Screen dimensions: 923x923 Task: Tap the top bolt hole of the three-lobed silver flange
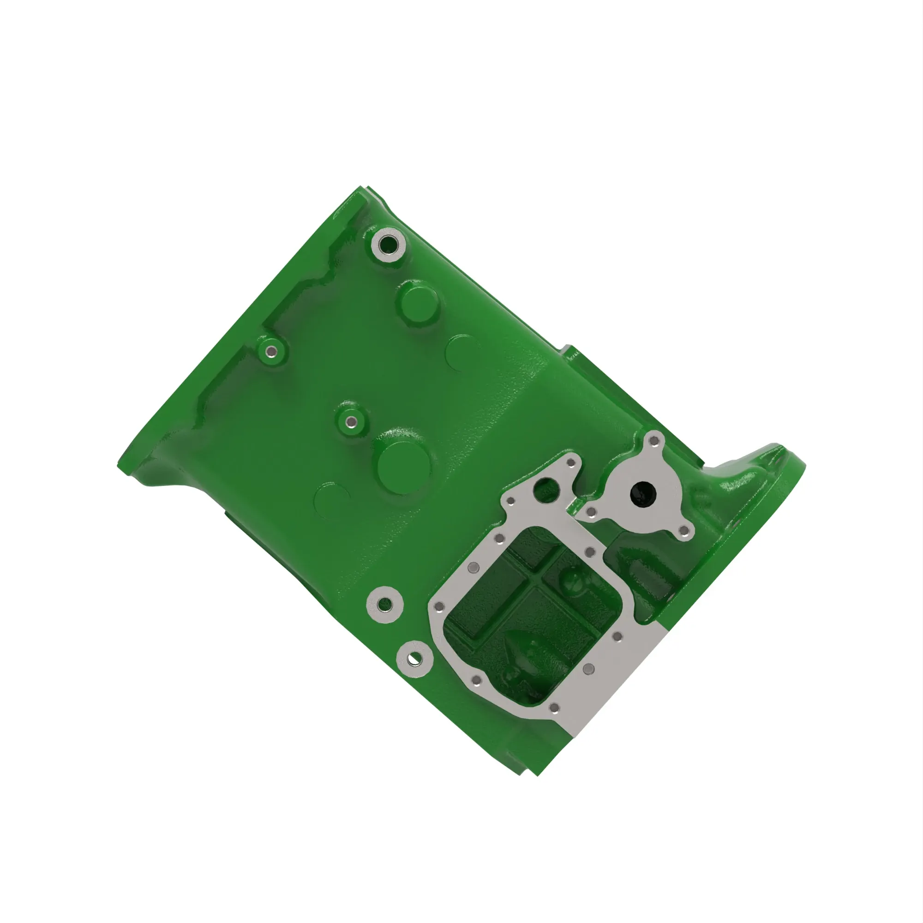[x=654, y=439]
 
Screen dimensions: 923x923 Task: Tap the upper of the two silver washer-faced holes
[x=384, y=605]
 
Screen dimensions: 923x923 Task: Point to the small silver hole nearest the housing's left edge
[x=271, y=352]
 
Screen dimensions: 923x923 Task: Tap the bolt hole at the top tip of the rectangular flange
[x=570, y=462]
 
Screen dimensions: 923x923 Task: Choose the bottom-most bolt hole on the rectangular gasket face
[x=554, y=707]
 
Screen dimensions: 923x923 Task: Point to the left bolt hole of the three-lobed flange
[x=592, y=513]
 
